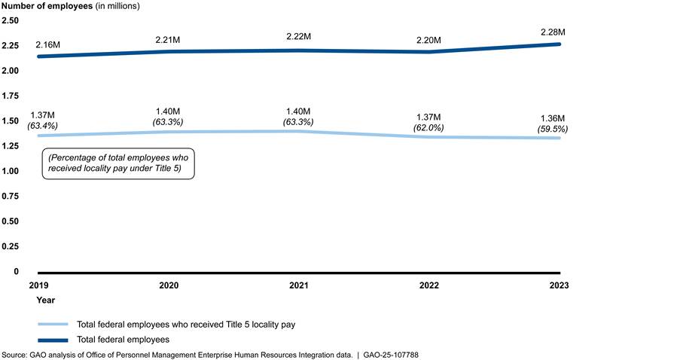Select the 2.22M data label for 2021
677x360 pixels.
click(303, 37)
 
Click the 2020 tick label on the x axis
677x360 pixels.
click(174, 286)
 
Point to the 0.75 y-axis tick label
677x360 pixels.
click(10, 196)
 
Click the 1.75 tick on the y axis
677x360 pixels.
click(10, 96)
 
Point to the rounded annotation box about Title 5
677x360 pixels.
click(119, 163)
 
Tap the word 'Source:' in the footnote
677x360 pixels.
click(14, 354)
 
